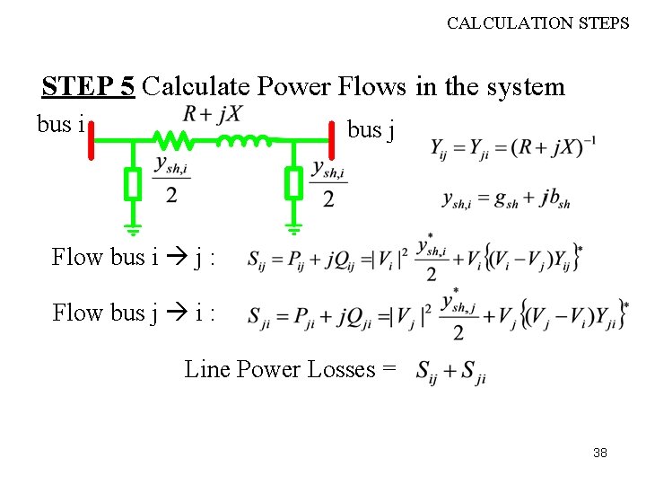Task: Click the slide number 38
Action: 600,453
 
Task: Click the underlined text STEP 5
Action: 88,86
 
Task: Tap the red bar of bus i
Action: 92,140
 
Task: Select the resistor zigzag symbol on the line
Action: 172,140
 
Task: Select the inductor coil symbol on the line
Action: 242,140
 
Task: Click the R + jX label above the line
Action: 212,114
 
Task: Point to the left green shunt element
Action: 133,185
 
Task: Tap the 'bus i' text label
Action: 60,124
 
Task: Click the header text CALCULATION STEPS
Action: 537,23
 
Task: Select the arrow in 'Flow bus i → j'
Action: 174,258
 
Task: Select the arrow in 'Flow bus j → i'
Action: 174,313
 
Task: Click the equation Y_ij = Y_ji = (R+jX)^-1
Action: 514,147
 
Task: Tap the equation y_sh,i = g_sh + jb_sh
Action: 506,200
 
